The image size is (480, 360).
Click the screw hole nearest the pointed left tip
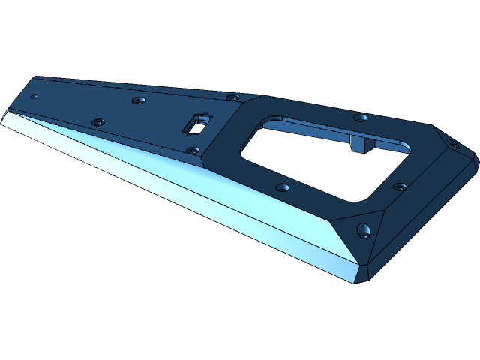point(34,97)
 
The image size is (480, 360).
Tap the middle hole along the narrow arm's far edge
point(137,100)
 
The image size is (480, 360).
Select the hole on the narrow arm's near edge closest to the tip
point(97,121)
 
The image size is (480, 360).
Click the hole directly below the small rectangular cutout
point(193,151)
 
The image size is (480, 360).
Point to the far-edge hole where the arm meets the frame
point(233,97)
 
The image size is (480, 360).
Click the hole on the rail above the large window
point(361,118)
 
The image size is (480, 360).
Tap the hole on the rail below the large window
point(282,187)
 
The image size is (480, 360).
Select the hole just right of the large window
point(400,187)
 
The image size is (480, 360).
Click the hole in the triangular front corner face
point(364,230)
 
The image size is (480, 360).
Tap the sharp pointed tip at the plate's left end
point(6,112)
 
